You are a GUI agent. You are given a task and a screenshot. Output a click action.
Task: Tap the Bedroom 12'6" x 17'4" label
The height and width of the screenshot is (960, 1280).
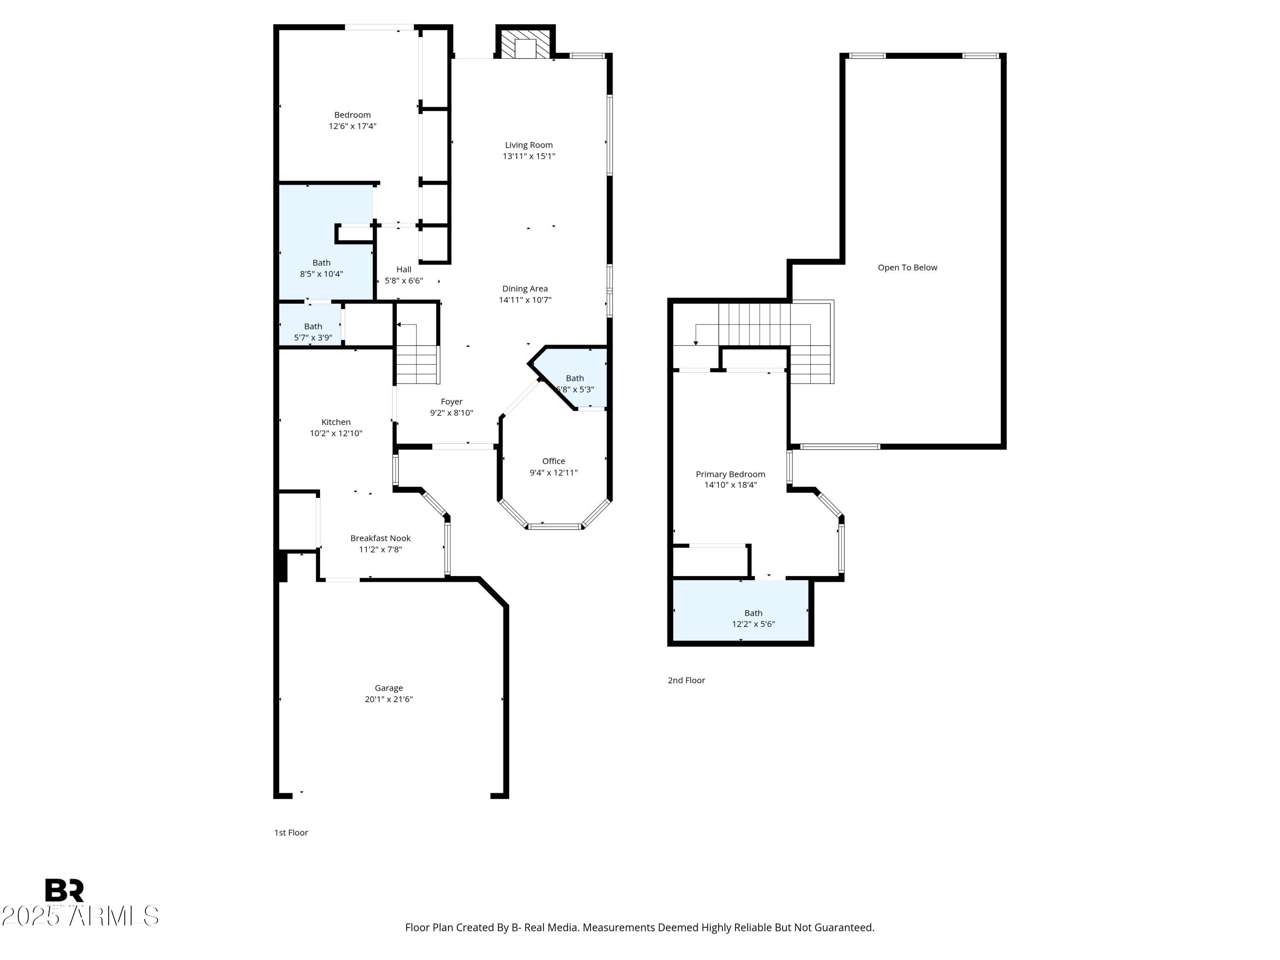point(352,120)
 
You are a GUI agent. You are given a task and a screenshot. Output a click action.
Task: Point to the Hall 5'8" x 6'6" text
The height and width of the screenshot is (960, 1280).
point(404,275)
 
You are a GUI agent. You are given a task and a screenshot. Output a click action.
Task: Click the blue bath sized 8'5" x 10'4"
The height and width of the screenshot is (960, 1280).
point(322,268)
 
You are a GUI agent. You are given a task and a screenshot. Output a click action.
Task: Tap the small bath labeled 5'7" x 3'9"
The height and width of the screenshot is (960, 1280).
point(313,332)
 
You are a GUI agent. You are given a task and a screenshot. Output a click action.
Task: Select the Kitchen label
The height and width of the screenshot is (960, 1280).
point(336,422)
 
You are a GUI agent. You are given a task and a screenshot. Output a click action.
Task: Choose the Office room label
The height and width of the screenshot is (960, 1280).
point(553,461)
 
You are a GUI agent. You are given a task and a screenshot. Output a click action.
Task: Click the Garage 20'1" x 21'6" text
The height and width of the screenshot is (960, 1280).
point(388,693)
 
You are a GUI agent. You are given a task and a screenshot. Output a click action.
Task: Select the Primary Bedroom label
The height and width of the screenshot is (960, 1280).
point(730,474)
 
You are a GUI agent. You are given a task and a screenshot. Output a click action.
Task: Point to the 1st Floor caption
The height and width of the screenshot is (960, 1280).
point(291,832)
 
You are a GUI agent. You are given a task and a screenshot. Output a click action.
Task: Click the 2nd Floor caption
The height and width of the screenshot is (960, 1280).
point(686,680)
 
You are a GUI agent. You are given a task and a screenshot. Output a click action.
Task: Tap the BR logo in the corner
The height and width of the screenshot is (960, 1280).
point(64,890)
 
